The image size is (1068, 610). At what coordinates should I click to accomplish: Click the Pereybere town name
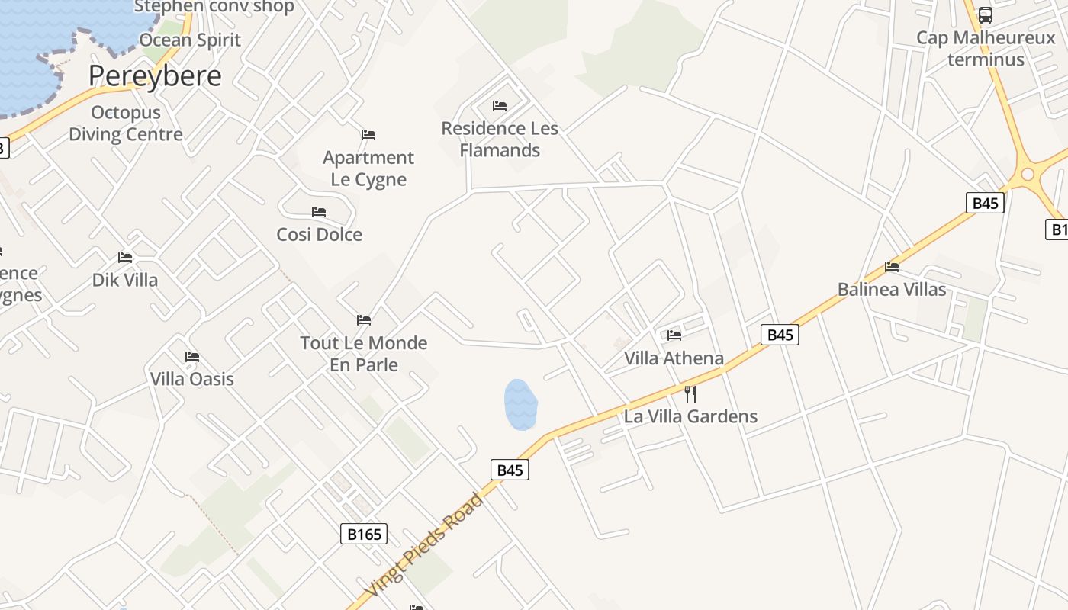(155, 76)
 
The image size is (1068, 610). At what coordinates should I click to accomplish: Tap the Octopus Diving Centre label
(126, 124)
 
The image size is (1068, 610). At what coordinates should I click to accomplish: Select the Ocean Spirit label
(190, 40)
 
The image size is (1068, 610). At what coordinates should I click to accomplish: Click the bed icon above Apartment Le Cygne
(368, 135)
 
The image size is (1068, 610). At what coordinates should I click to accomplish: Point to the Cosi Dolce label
(319, 235)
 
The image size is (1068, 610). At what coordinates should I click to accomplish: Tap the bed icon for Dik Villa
(125, 258)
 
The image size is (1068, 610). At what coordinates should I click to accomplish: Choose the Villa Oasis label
(191, 379)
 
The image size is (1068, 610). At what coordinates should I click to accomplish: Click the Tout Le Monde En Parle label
(364, 354)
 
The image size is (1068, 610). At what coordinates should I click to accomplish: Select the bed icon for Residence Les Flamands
(500, 106)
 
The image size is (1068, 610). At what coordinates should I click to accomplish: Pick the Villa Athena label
(674, 358)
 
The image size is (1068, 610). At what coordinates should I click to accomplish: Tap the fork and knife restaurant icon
(690, 394)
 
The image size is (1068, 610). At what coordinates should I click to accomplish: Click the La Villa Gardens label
(690, 416)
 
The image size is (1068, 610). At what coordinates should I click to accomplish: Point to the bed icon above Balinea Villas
(892, 267)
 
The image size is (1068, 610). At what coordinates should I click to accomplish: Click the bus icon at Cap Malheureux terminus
(986, 15)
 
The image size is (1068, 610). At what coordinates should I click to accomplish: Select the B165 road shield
(364, 534)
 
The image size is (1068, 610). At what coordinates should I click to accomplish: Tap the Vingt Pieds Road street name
(424, 546)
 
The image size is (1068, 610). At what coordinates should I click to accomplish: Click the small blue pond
(520, 404)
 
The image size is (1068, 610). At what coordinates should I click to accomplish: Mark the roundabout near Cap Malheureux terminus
(1028, 175)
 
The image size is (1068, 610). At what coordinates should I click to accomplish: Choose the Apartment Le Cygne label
(368, 169)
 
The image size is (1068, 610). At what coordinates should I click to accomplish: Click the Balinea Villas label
(892, 290)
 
